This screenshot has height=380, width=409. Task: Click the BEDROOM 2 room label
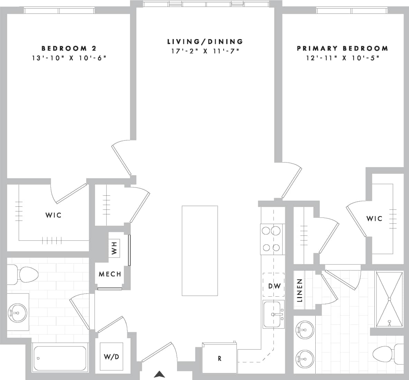pos(68,48)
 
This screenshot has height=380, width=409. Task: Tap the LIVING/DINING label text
pos(205,42)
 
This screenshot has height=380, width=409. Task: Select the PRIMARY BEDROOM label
pos(342,49)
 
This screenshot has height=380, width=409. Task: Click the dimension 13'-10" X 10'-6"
pos(68,58)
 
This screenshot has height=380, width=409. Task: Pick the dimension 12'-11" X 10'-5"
pos(342,58)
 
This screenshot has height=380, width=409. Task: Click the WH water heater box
pos(114,248)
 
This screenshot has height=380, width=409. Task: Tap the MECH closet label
pos(110,274)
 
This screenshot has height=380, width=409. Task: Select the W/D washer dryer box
pos(111,356)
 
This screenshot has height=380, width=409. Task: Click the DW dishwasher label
pos(274,286)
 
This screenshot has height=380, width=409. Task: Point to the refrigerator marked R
pos(220,359)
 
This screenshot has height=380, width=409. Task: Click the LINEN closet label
pos(300,290)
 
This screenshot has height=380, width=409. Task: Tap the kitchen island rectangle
pos(200,251)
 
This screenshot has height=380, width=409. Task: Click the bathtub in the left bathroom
pos(59,358)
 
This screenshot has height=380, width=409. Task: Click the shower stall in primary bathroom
pos(389,299)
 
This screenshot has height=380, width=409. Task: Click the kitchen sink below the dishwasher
pos(274,314)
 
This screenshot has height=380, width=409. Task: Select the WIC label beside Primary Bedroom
pos(374,219)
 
